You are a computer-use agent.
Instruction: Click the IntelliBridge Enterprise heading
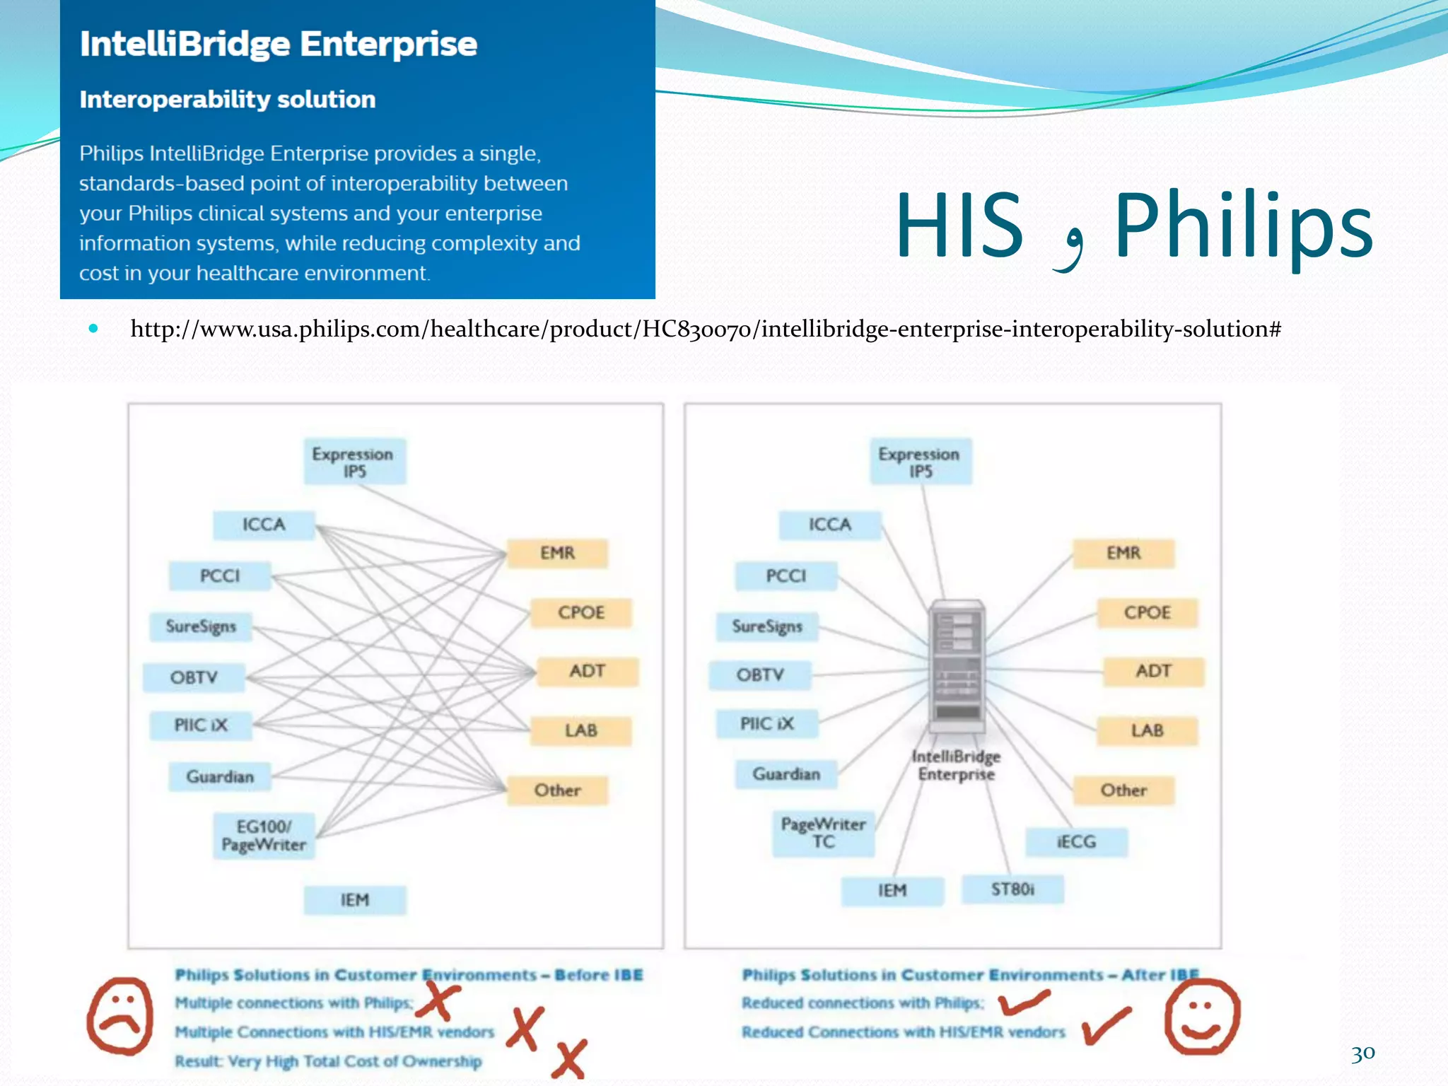click(x=278, y=44)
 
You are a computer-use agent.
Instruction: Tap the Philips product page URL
click(x=705, y=329)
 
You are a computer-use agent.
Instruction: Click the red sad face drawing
click(x=120, y=1016)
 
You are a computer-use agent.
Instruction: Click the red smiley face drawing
click(x=1202, y=1016)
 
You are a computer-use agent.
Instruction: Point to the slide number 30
click(x=1362, y=1053)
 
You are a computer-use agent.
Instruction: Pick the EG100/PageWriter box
click(x=264, y=836)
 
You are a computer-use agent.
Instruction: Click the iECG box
click(x=1076, y=841)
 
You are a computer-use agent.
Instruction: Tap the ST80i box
click(x=1012, y=889)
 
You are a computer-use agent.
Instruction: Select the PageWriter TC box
click(x=824, y=833)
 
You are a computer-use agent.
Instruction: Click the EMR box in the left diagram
click(x=557, y=553)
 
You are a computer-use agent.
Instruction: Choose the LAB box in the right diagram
click(x=1147, y=730)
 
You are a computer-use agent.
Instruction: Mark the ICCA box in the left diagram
click(x=264, y=525)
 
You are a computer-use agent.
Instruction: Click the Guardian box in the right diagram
click(x=786, y=774)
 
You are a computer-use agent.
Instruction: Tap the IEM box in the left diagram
click(x=355, y=899)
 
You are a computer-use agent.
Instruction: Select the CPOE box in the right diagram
click(x=1147, y=612)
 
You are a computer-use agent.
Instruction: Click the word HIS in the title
click(x=959, y=226)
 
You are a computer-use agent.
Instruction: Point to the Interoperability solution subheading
click(x=227, y=100)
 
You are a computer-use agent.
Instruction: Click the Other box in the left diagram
click(x=557, y=790)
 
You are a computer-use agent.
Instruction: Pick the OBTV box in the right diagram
click(x=760, y=675)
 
